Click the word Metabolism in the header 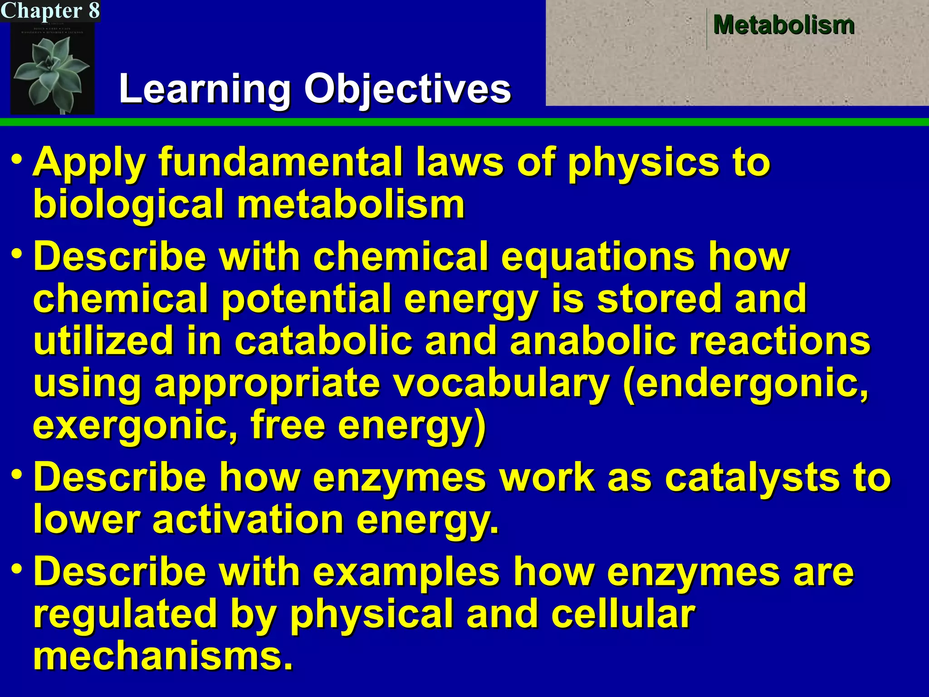(x=784, y=25)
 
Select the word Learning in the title (x=204, y=89)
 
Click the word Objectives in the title (x=407, y=89)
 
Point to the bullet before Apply (x=17, y=160)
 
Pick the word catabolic (x=323, y=341)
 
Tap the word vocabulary (x=500, y=383)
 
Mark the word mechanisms (x=162, y=656)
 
